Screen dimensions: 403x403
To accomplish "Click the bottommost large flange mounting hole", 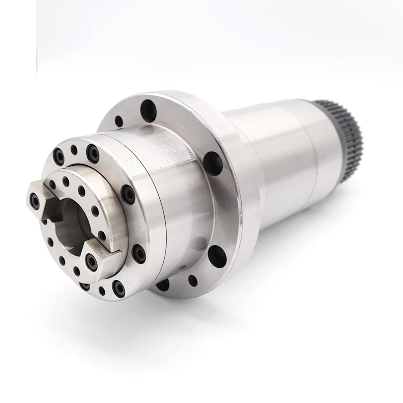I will [162, 285].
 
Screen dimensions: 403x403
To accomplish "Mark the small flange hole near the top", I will [119, 121].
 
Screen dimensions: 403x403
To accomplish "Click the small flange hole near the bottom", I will [192, 281].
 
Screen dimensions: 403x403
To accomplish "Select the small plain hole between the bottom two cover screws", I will [103, 291].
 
